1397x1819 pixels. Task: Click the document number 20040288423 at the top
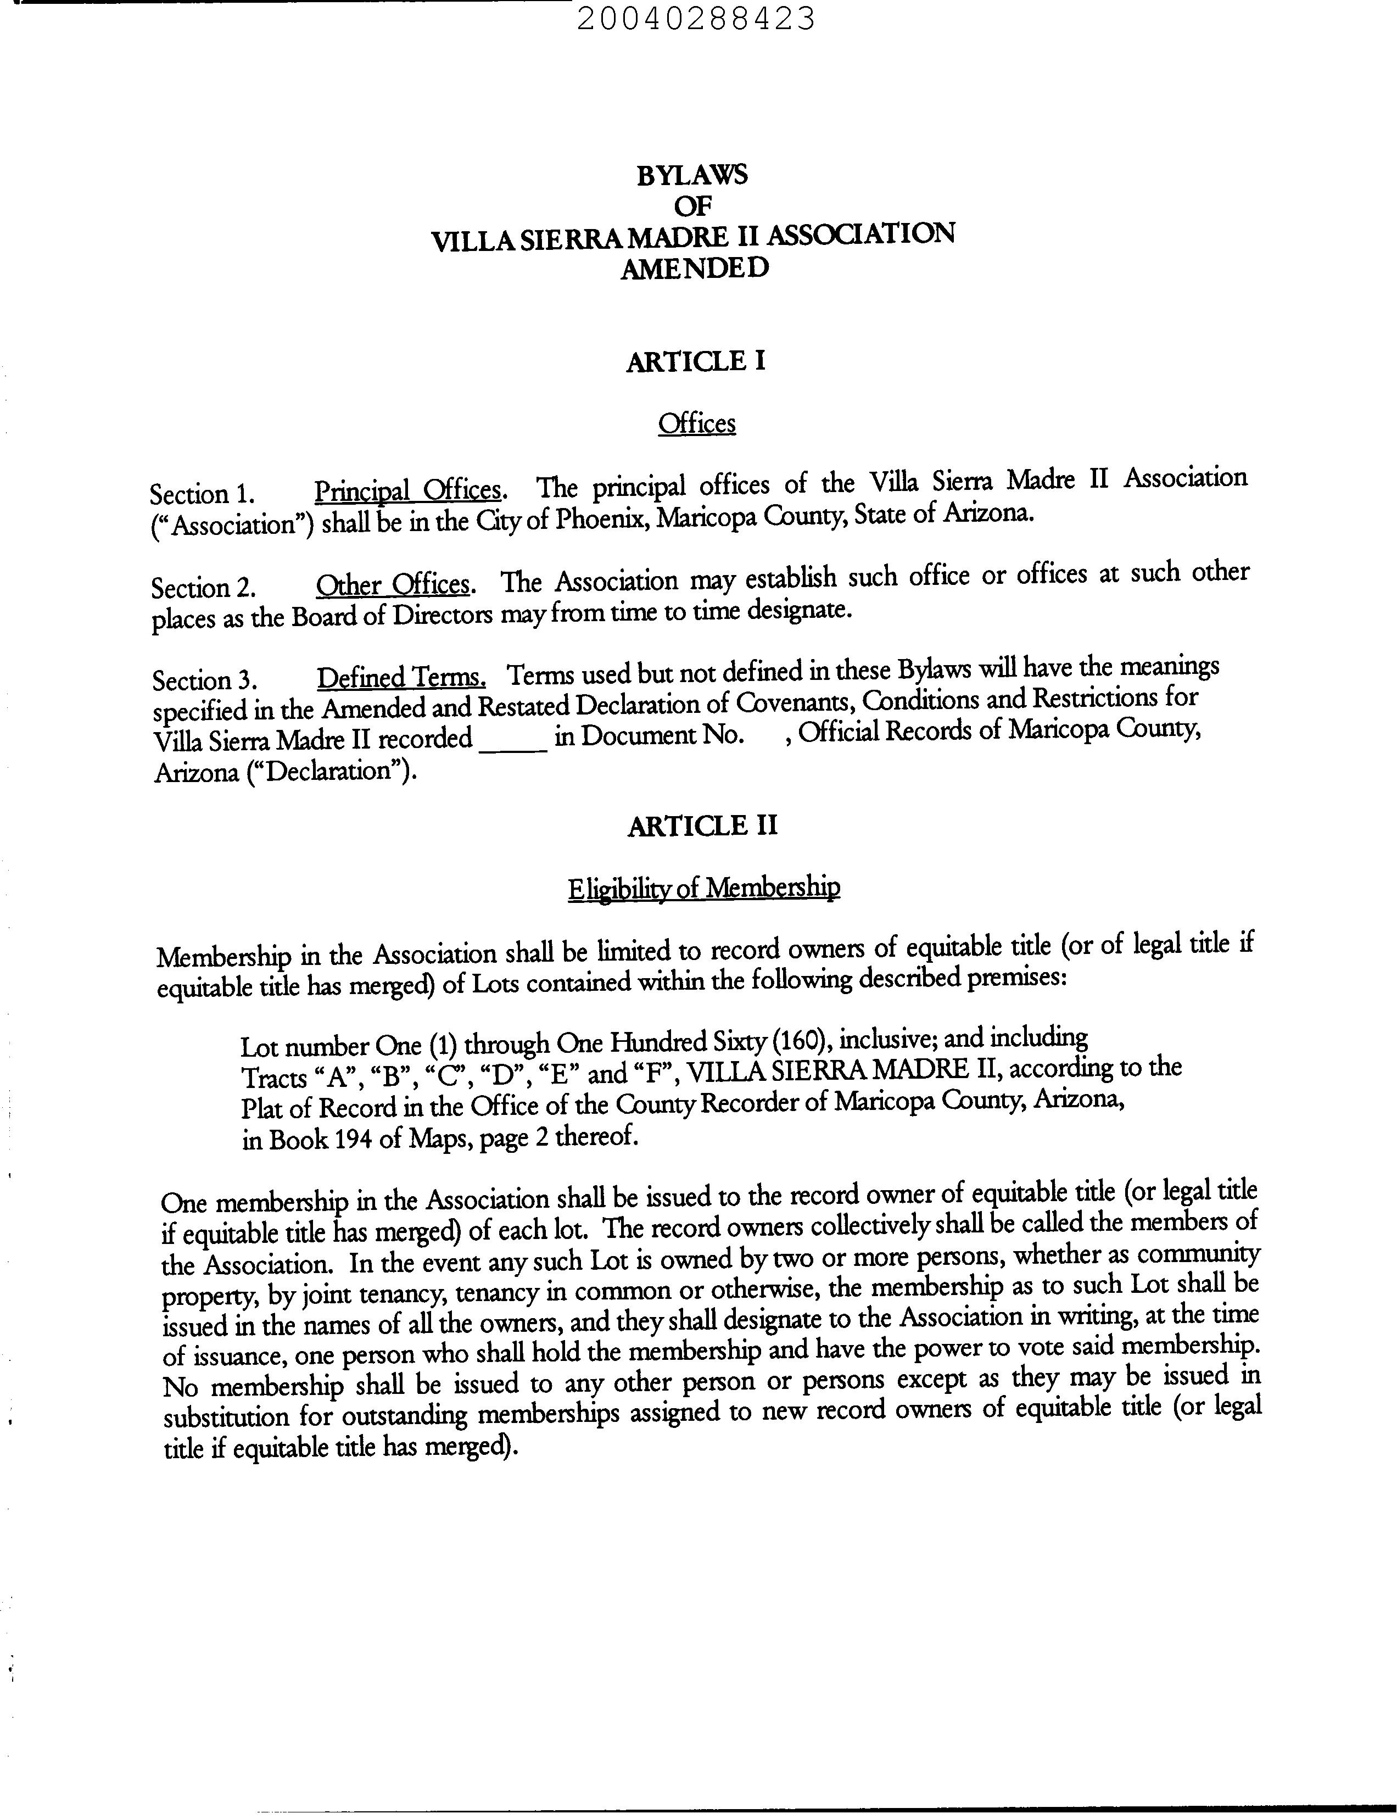(695, 18)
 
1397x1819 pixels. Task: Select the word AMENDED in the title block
(694, 269)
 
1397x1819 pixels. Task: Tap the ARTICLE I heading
(695, 362)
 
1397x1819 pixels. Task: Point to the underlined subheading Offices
(697, 424)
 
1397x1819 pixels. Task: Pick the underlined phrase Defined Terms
(401, 677)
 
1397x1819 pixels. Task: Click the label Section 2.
(202, 588)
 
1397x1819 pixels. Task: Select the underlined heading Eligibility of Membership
(703, 888)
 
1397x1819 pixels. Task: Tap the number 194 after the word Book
(354, 1139)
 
